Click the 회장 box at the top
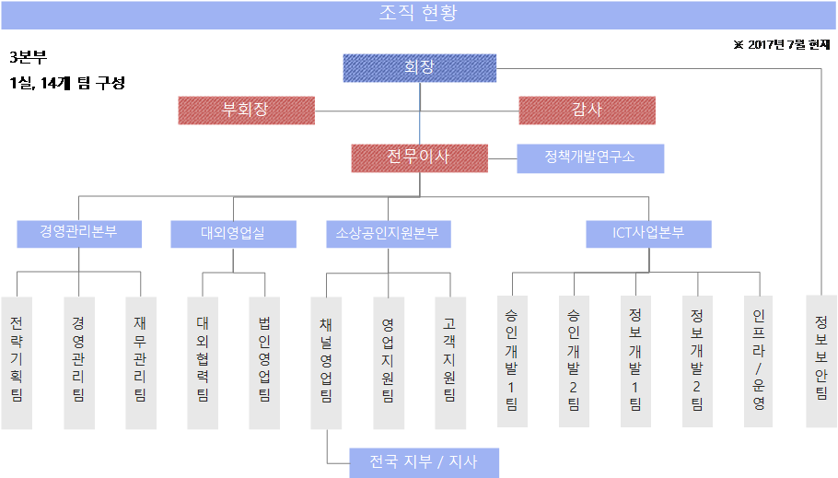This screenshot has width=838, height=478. [x=419, y=68]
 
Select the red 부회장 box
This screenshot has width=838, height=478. [x=246, y=111]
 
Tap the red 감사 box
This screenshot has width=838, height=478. [x=587, y=111]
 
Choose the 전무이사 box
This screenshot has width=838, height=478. [x=419, y=157]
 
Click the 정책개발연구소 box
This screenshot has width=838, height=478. [x=590, y=157]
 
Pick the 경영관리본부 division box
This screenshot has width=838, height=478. [x=79, y=233]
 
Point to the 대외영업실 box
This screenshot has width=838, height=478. [x=233, y=233]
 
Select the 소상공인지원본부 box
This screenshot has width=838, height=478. [x=388, y=233]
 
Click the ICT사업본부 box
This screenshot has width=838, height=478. [x=648, y=233]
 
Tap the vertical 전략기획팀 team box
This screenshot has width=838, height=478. [x=17, y=361]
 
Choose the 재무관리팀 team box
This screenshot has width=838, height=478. [x=141, y=361]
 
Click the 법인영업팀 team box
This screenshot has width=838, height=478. [x=264, y=361]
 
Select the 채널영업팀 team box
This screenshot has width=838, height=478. [x=326, y=361]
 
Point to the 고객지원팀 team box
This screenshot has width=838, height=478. [x=449, y=361]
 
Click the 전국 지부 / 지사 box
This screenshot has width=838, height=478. [x=424, y=462]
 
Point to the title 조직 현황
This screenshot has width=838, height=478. [x=418, y=14]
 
